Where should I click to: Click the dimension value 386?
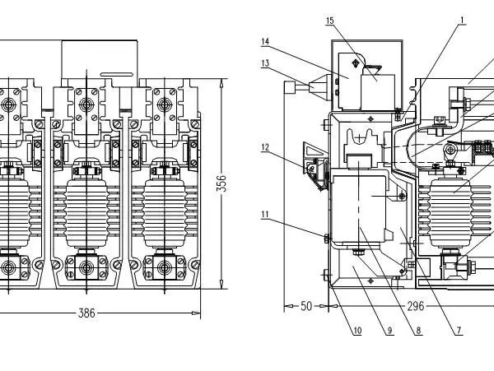tap(86, 313)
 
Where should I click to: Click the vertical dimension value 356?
tap(222, 183)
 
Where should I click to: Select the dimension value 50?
tap(306, 306)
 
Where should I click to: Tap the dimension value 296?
tap(416, 306)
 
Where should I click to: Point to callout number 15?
tap(329, 21)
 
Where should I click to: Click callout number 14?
tap(265, 41)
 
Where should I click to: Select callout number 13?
tap(265, 63)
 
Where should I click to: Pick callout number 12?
tap(265, 147)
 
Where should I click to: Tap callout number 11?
tap(265, 215)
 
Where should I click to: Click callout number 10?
tap(357, 331)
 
